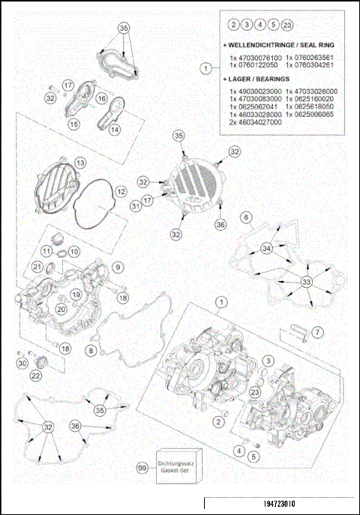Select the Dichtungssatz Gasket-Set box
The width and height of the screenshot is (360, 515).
173,469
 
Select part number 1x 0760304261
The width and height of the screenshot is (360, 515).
311,66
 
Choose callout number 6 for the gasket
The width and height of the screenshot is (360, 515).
244,217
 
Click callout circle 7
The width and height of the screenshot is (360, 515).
317,331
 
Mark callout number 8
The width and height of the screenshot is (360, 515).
91,350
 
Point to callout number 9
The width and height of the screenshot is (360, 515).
118,266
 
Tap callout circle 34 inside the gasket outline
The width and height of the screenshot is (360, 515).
265,248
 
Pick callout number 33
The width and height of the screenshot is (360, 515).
306,281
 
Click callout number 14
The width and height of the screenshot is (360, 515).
115,130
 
